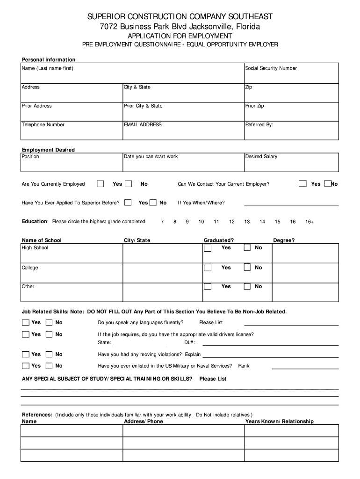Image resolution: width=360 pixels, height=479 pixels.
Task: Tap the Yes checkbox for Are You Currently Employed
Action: [x=101, y=184]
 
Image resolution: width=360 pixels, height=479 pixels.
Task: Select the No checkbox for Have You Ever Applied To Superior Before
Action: [x=153, y=203]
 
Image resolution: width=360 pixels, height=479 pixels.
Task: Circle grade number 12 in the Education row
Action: [x=232, y=221]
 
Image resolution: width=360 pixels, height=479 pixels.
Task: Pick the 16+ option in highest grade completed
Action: [x=309, y=221]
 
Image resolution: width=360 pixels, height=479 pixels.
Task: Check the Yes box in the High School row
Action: [x=208, y=248]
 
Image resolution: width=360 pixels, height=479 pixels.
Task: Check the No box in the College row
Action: [x=247, y=268]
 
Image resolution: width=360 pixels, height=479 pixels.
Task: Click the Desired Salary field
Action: [x=291, y=162]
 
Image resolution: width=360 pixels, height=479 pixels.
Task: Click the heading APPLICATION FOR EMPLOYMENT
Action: [x=180, y=36]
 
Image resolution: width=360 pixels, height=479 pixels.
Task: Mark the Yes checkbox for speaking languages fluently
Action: [x=25, y=323]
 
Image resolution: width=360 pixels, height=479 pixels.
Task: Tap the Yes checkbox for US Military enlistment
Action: [x=25, y=366]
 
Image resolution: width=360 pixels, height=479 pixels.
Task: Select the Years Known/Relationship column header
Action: [x=279, y=421]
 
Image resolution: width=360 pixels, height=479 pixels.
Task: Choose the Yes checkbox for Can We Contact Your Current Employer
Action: [x=302, y=184]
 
